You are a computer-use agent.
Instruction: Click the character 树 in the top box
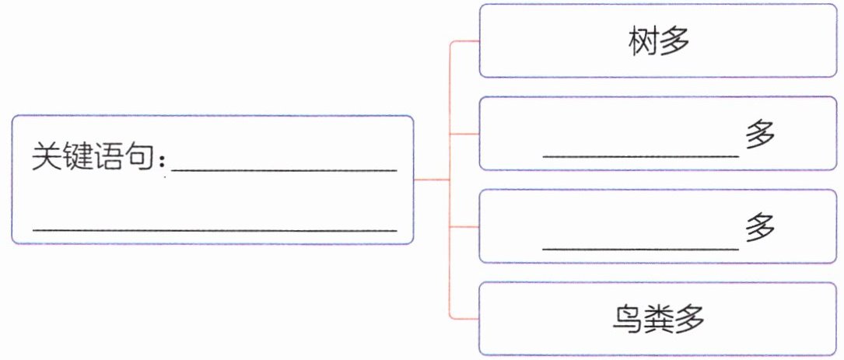point(644,41)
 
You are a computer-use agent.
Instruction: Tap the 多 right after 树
point(674,41)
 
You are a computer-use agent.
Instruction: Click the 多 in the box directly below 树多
point(760,137)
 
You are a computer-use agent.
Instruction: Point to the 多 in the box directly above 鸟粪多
point(760,229)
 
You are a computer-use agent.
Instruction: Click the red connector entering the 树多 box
point(465,41)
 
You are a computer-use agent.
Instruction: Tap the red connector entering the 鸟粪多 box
point(465,320)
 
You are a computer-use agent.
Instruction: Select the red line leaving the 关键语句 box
point(433,180)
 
